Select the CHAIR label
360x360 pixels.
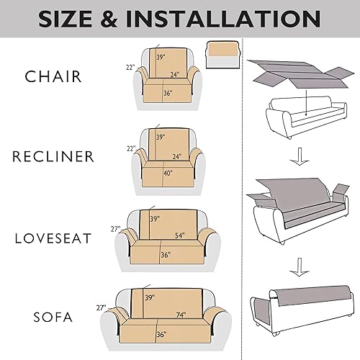(x=54, y=76)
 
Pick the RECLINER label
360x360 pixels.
(x=54, y=156)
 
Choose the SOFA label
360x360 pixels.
(x=54, y=316)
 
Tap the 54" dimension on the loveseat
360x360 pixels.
(x=180, y=235)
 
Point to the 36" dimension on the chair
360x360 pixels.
(x=167, y=93)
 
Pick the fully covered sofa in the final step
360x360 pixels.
(x=302, y=310)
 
